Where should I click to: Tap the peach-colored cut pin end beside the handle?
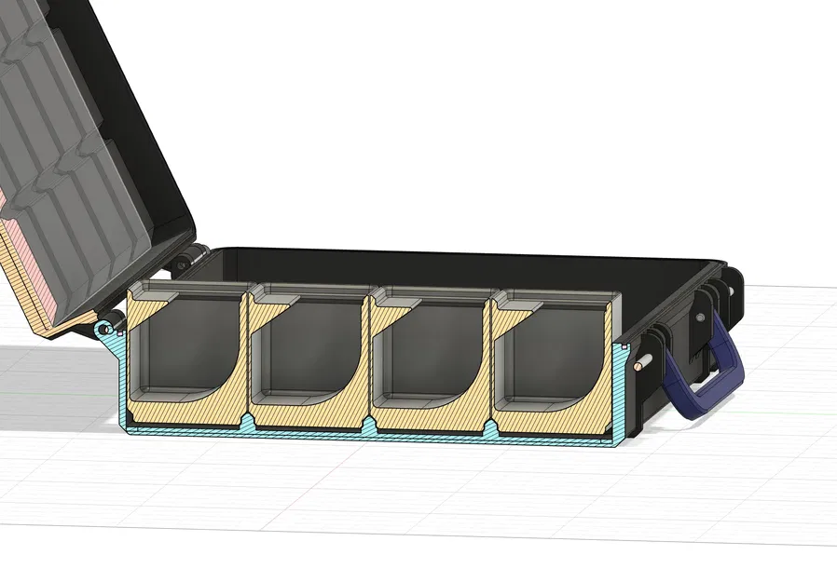pos(638,363)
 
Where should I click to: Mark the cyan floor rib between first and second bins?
pos(246,425)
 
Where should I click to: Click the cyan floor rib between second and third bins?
pos(370,426)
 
